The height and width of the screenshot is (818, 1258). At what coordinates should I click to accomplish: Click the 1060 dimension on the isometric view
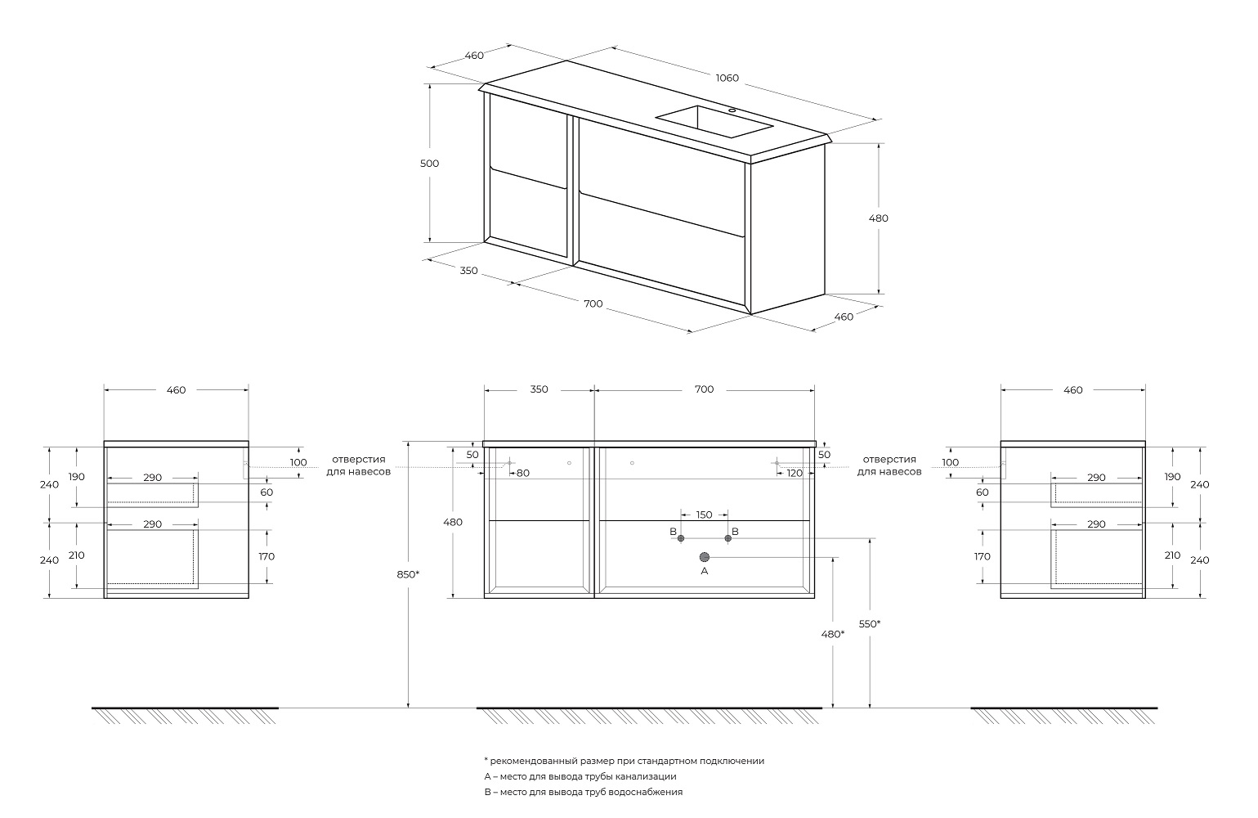727,79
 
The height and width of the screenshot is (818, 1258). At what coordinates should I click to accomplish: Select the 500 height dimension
429,164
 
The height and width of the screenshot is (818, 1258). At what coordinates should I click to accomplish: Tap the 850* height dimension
408,574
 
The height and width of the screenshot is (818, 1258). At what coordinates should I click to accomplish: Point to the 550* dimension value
870,624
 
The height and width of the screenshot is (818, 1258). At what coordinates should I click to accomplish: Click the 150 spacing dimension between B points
704,515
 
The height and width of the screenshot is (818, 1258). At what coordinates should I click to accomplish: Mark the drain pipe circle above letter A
705,557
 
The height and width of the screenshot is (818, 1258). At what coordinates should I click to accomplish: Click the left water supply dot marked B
681,538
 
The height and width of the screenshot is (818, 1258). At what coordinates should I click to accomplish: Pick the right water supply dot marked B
728,538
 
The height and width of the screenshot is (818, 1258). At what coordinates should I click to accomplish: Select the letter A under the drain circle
705,571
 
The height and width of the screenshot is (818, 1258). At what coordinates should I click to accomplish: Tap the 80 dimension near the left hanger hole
523,473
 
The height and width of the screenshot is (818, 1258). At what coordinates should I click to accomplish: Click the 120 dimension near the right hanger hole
795,473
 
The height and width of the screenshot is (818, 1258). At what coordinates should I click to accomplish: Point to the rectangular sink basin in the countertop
714,122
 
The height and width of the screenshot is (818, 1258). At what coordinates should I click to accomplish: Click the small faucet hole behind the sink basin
732,110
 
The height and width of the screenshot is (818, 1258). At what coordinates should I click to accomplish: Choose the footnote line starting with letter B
583,792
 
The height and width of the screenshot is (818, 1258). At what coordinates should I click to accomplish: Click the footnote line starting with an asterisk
624,761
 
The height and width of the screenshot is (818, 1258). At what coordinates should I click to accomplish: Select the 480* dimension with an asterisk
832,634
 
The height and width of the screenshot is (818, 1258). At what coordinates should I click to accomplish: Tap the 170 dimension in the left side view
266,556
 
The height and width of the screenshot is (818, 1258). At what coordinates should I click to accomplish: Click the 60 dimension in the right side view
983,492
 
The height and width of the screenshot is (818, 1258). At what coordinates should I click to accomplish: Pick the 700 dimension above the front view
704,389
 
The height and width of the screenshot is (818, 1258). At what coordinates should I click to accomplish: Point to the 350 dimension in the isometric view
468,271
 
